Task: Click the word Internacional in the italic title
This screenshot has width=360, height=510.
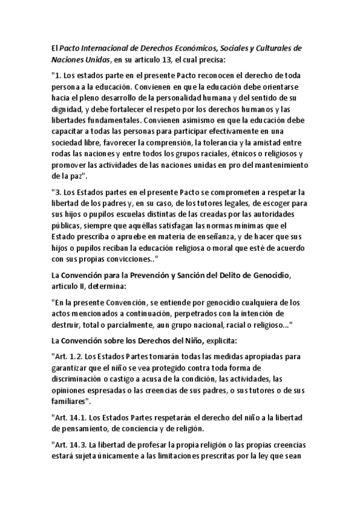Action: (110, 48)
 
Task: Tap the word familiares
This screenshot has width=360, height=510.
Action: (70, 401)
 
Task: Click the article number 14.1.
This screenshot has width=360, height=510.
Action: (78, 417)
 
